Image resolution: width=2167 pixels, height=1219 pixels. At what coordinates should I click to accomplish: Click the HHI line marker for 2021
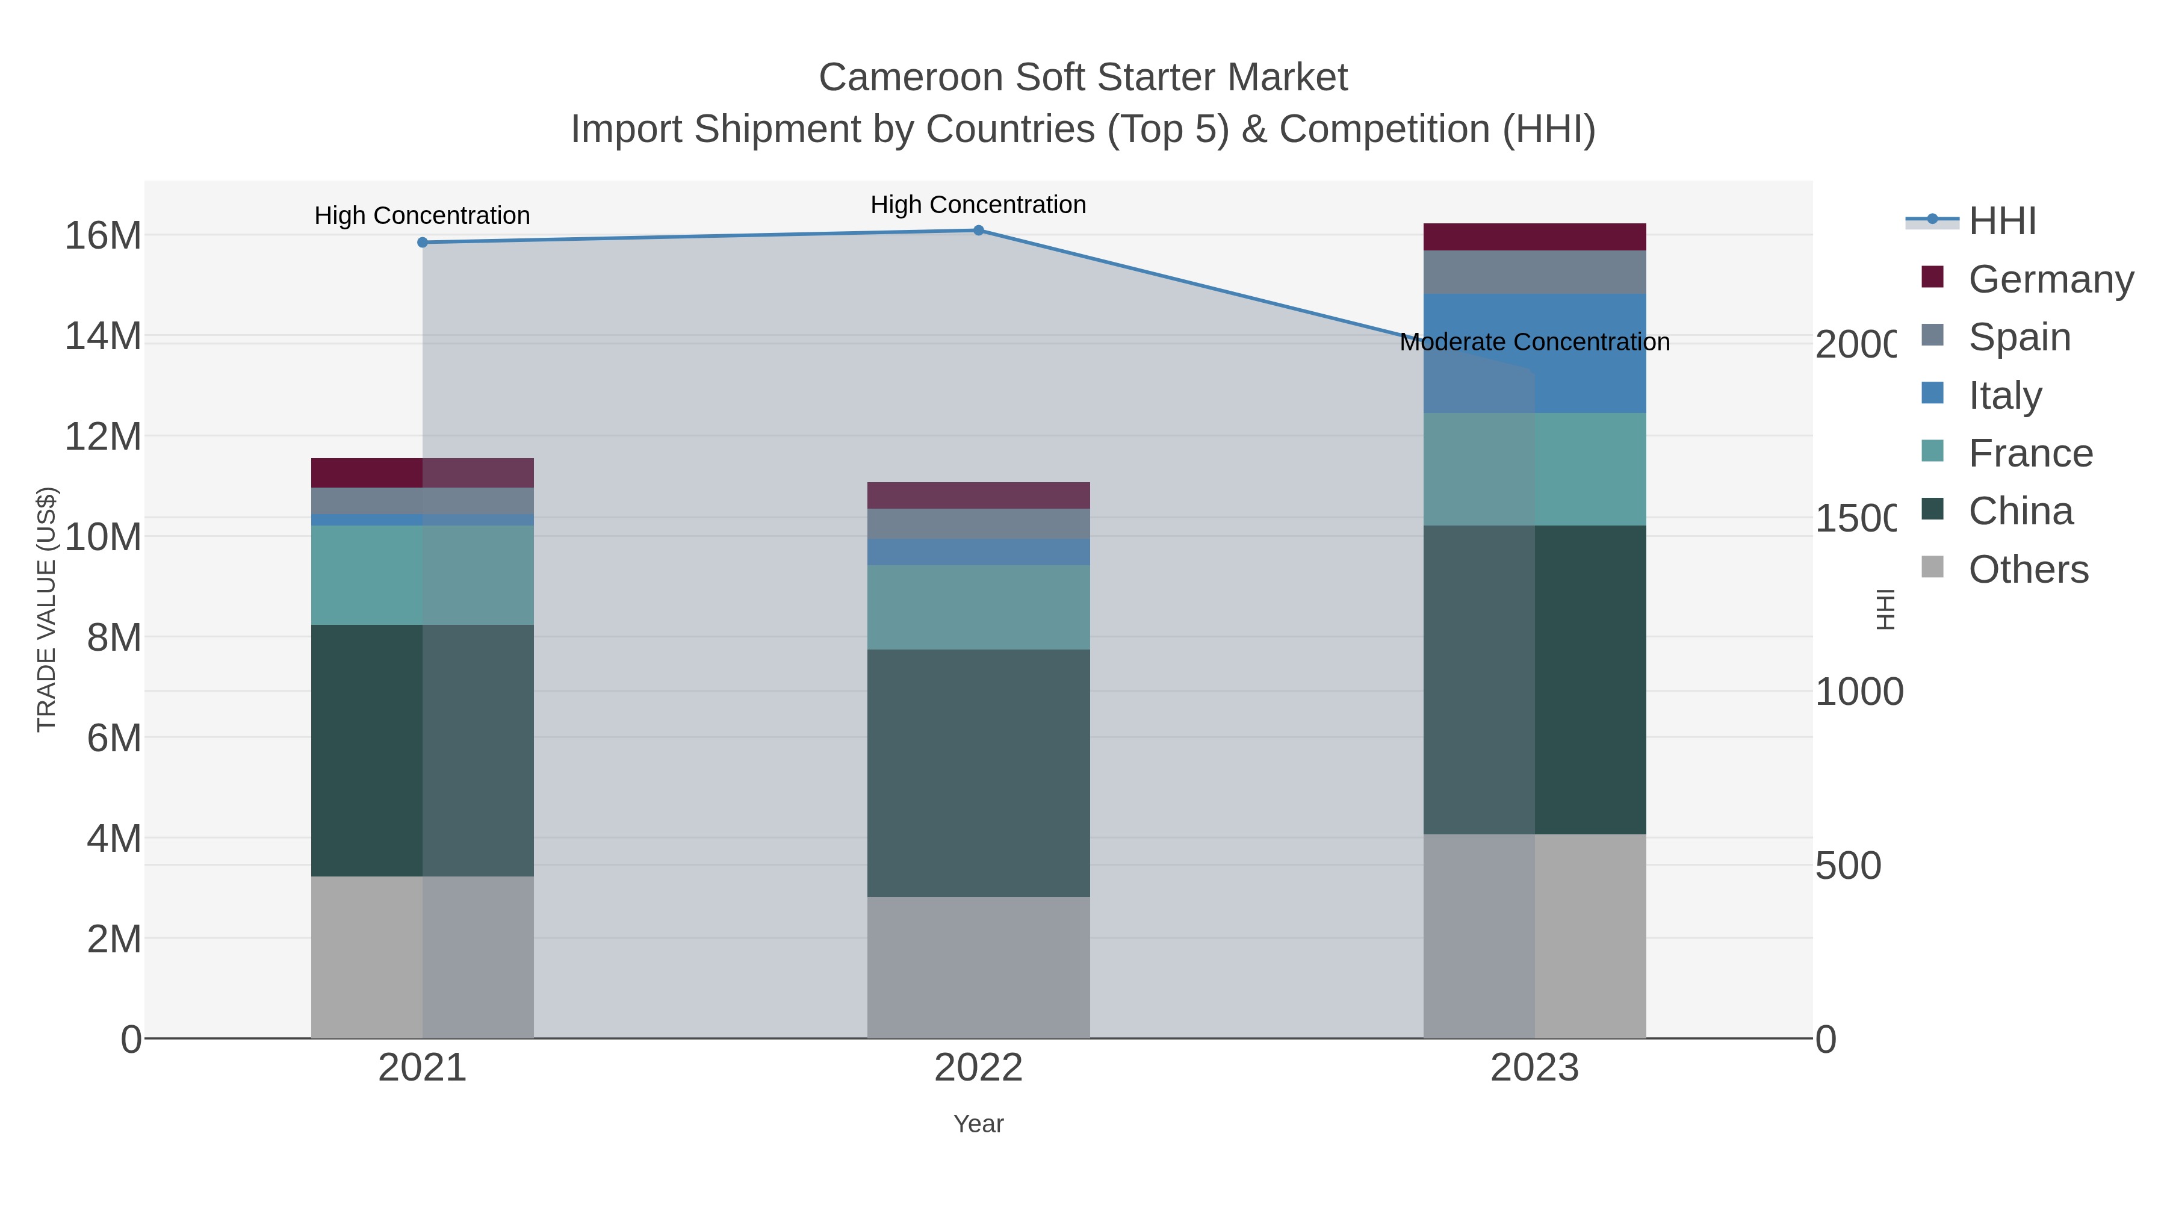(423, 242)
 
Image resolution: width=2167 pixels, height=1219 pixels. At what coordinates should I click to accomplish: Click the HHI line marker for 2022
(978, 231)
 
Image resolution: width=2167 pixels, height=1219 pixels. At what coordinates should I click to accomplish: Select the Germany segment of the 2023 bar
(1534, 237)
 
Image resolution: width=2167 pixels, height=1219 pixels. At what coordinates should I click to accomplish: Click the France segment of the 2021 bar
(423, 575)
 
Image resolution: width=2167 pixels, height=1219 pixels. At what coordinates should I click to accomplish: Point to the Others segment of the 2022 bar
(978, 967)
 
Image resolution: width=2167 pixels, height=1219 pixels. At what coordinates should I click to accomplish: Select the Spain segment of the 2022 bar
(978, 523)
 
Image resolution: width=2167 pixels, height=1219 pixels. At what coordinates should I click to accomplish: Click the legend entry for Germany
(2050, 279)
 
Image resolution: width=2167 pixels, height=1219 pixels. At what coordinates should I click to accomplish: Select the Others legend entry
(2028, 569)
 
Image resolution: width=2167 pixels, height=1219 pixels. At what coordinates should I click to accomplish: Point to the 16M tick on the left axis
(102, 235)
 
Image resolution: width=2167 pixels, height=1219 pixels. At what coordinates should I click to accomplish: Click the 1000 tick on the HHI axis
(1858, 692)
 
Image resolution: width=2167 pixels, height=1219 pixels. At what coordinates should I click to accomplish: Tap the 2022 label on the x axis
(978, 1067)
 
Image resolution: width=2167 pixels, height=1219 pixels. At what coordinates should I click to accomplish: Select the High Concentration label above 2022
(978, 205)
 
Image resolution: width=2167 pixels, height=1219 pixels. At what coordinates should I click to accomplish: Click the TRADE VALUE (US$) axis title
(46, 609)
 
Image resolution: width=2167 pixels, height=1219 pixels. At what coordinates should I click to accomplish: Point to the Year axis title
(978, 1124)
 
